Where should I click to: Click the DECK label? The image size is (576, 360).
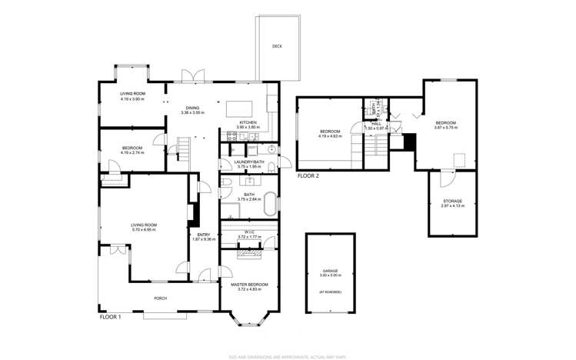[x=276, y=46]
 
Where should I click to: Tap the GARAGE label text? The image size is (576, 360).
[x=330, y=272]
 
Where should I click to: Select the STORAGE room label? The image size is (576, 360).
[x=451, y=201]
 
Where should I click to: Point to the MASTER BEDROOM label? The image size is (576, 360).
[x=250, y=285]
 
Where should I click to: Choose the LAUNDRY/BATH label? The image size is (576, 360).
[x=250, y=162]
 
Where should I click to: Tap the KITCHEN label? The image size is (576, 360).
[x=248, y=122]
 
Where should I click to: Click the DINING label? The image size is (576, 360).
[x=189, y=108]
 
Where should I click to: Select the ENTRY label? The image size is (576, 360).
[x=203, y=235]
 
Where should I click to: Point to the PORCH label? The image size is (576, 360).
[x=161, y=298]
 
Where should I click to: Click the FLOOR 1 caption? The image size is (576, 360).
[x=111, y=316]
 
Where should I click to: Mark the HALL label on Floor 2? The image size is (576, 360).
[x=376, y=123]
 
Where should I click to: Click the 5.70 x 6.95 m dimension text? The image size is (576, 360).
[x=144, y=230]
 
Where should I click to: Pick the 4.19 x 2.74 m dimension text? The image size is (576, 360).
[x=132, y=152]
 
